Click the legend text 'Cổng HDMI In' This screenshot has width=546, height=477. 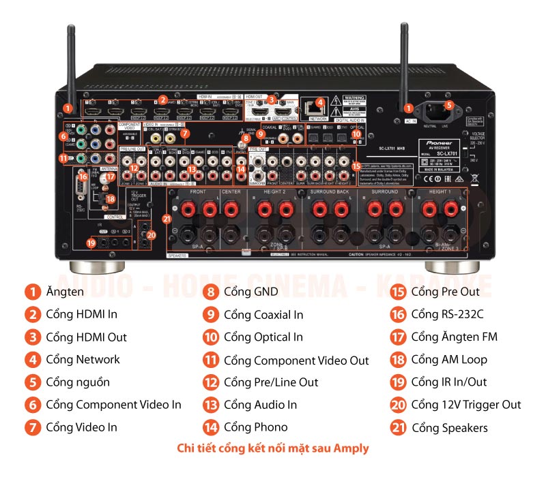[81, 314]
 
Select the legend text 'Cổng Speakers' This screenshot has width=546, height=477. [449, 427]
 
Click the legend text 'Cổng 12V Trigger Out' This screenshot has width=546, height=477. [465, 405]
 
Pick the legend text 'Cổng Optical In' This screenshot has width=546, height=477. [263, 337]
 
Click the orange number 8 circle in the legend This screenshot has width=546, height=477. [211, 292]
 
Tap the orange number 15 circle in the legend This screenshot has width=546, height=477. [398, 292]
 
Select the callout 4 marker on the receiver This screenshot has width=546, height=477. [319, 104]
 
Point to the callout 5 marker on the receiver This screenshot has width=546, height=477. [448, 105]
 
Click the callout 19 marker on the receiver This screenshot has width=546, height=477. [91, 242]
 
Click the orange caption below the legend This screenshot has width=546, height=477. [272, 448]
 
